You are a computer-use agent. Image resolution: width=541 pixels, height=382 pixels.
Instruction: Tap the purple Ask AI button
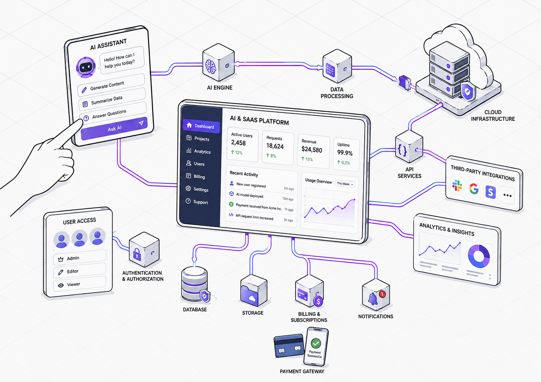pos(114,128)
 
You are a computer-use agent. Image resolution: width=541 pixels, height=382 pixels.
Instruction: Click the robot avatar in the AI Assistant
pos(86,67)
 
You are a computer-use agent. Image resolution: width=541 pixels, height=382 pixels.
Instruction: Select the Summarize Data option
pos(112,100)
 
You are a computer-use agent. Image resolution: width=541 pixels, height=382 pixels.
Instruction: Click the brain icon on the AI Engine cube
pos(210,66)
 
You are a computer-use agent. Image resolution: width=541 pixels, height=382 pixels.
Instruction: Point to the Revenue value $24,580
pos(311,150)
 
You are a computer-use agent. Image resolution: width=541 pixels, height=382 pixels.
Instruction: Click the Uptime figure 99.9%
pos(344,153)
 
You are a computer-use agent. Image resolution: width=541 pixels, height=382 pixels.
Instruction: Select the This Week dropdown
pos(345,184)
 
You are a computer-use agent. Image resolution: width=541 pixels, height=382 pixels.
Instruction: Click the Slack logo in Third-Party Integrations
pos(457,186)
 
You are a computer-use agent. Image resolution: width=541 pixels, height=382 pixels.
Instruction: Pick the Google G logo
pos(474,189)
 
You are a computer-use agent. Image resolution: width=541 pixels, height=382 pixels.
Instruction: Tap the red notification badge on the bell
pos(382,294)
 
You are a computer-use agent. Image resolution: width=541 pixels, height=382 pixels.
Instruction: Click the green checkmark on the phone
pos(316,343)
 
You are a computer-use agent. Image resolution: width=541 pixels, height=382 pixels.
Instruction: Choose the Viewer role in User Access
pos(79,284)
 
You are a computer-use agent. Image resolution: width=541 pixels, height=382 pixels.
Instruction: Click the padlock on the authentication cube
pos(137,254)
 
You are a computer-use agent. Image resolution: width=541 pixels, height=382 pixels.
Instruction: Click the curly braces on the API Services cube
pos(402,150)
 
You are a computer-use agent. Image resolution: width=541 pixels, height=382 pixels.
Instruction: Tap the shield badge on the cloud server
pos(468,91)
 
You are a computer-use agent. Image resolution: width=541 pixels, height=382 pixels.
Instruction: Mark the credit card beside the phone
pos(289,346)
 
